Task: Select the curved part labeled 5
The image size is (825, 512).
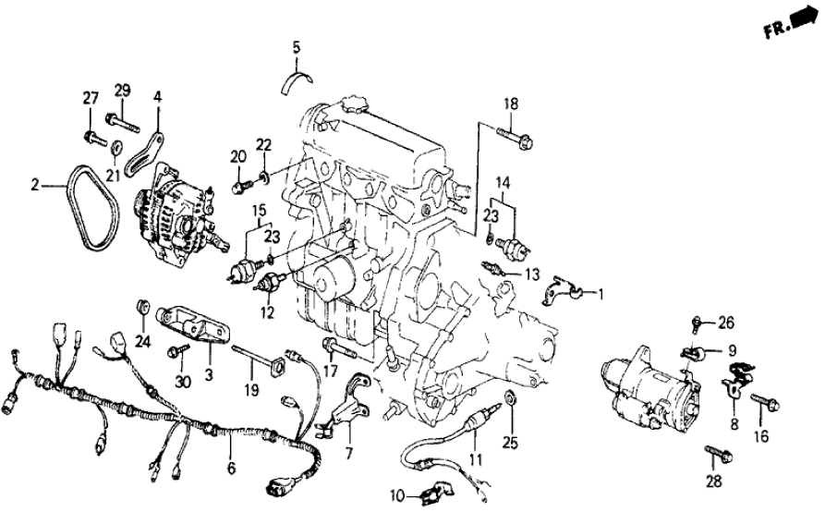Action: pyautogui.click(x=297, y=81)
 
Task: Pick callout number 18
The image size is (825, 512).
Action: pyautogui.click(x=511, y=104)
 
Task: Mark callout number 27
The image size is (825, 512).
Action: pyautogui.click(x=91, y=100)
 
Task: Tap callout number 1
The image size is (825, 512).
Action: pyautogui.click(x=601, y=296)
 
